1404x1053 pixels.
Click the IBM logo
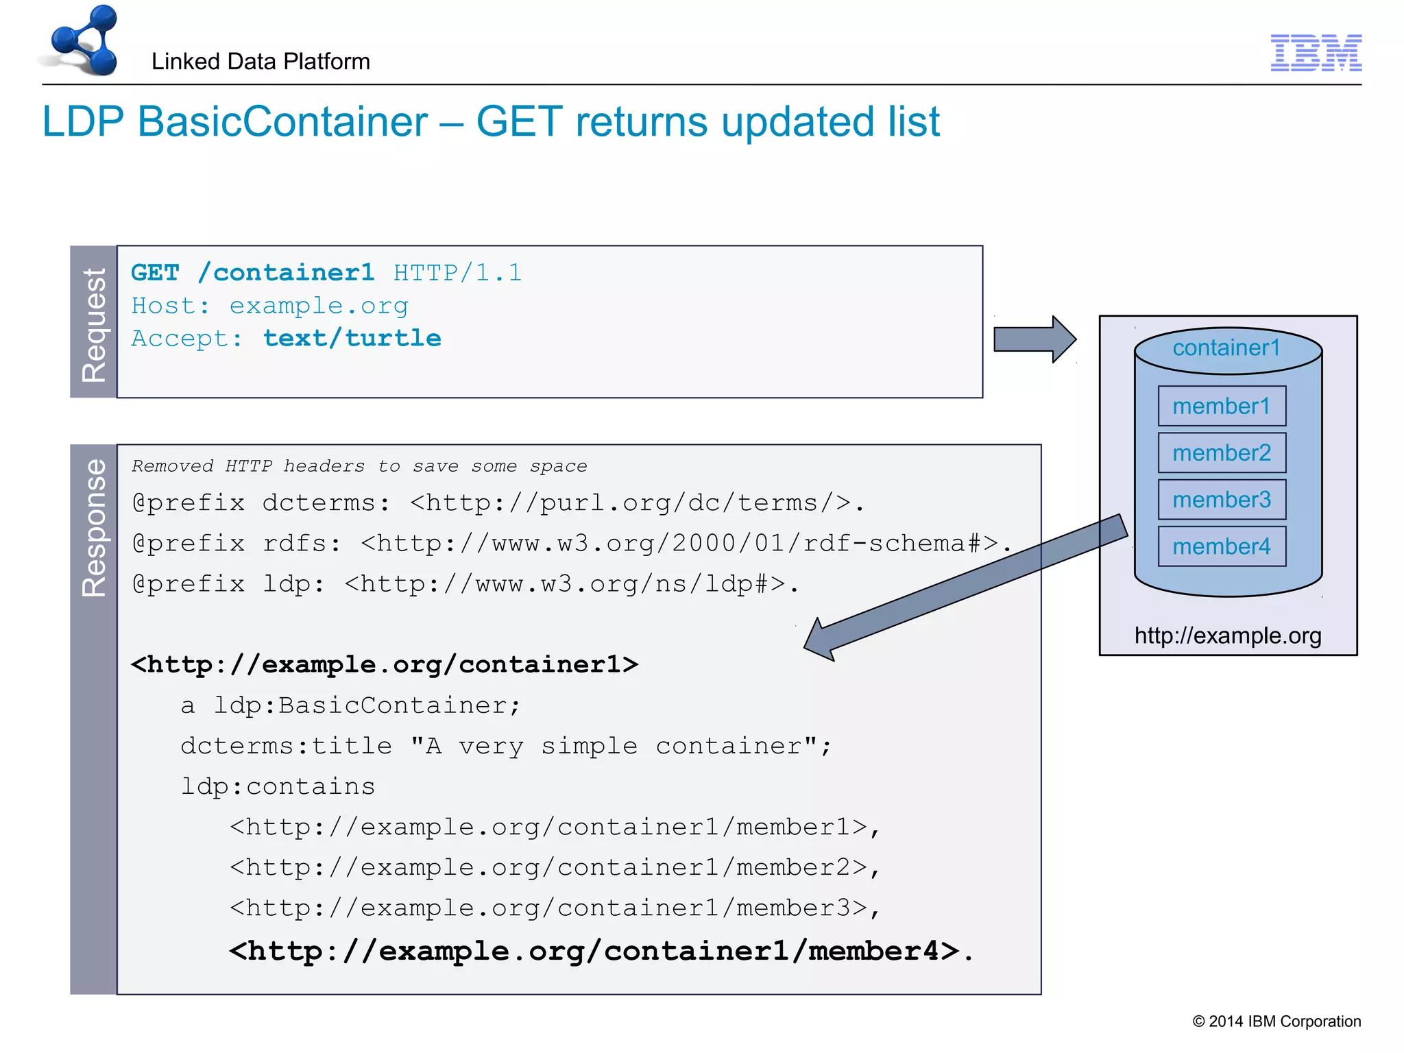1316,53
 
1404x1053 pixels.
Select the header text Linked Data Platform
261,62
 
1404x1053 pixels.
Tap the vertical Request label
94,323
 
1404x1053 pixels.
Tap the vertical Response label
94,527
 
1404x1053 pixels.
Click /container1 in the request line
287,273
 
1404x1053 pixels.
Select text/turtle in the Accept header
352,339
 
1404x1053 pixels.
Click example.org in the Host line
319,306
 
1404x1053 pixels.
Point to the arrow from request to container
1034,339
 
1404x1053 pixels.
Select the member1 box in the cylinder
1222,407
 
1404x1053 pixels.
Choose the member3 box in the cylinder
1222,500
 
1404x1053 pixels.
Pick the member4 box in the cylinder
1222,546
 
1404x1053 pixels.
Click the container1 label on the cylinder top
1226,348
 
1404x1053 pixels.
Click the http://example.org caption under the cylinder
1228,636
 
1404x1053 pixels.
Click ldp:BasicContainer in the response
367,705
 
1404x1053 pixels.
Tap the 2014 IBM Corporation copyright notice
1276,1021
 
